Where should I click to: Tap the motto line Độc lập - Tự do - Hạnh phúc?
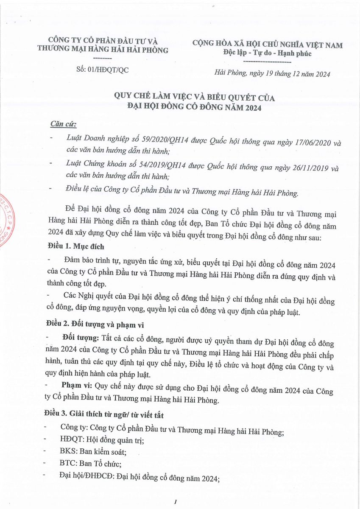tap(267, 53)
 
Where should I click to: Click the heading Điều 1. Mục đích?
tap(75, 247)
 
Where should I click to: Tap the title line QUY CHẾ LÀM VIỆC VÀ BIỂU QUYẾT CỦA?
tap(192, 98)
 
